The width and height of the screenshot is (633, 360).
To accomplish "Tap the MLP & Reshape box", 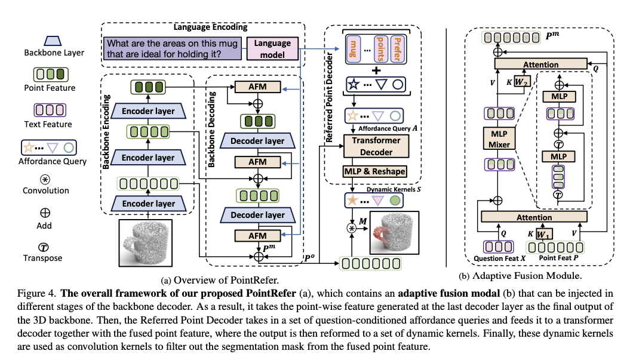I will coord(374,171).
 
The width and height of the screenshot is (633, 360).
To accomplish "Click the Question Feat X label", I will coord(499,259).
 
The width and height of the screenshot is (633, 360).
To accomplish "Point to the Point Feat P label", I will coord(551,259).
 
